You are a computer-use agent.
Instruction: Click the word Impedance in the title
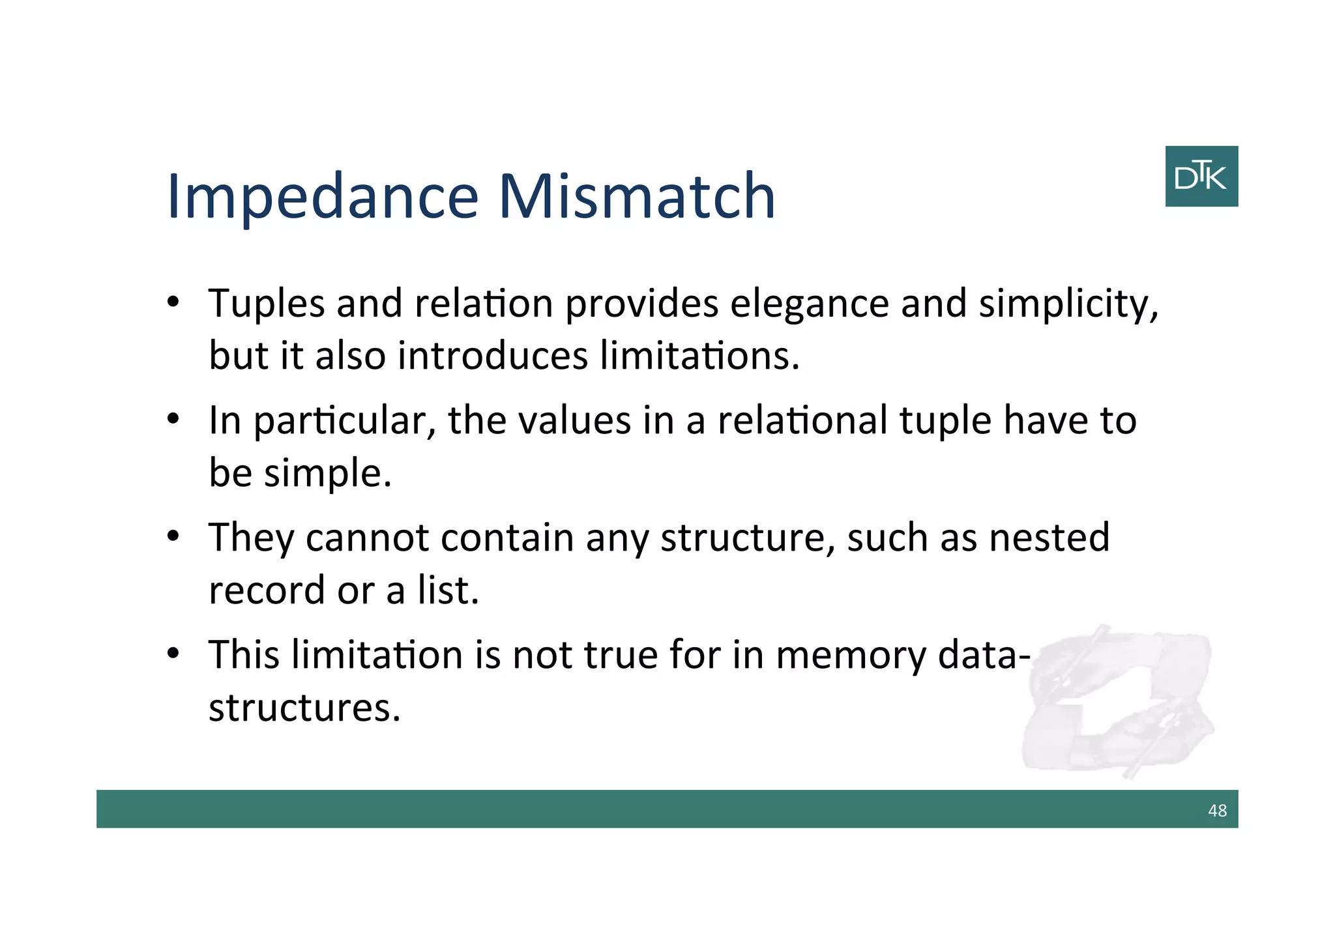pos(323,197)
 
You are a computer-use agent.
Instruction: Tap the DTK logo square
pos(1201,177)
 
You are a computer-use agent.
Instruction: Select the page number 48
pos(1216,810)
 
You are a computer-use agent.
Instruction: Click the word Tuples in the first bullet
pos(266,304)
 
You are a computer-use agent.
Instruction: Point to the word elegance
pos(809,304)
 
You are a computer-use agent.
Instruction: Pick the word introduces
pos(493,356)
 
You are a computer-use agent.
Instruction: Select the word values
pos(574,420)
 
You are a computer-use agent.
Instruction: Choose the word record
pos(266,590)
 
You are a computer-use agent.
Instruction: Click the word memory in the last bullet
pos(851,656)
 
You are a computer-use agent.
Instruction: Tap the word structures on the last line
pos(304,708)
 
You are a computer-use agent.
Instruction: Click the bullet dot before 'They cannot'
pos(173,536)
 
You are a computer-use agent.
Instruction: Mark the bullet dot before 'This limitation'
pos(173,653)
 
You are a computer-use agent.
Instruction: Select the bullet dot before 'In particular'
pos(173,419)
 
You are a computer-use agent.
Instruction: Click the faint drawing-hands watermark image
pos(1118,701)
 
